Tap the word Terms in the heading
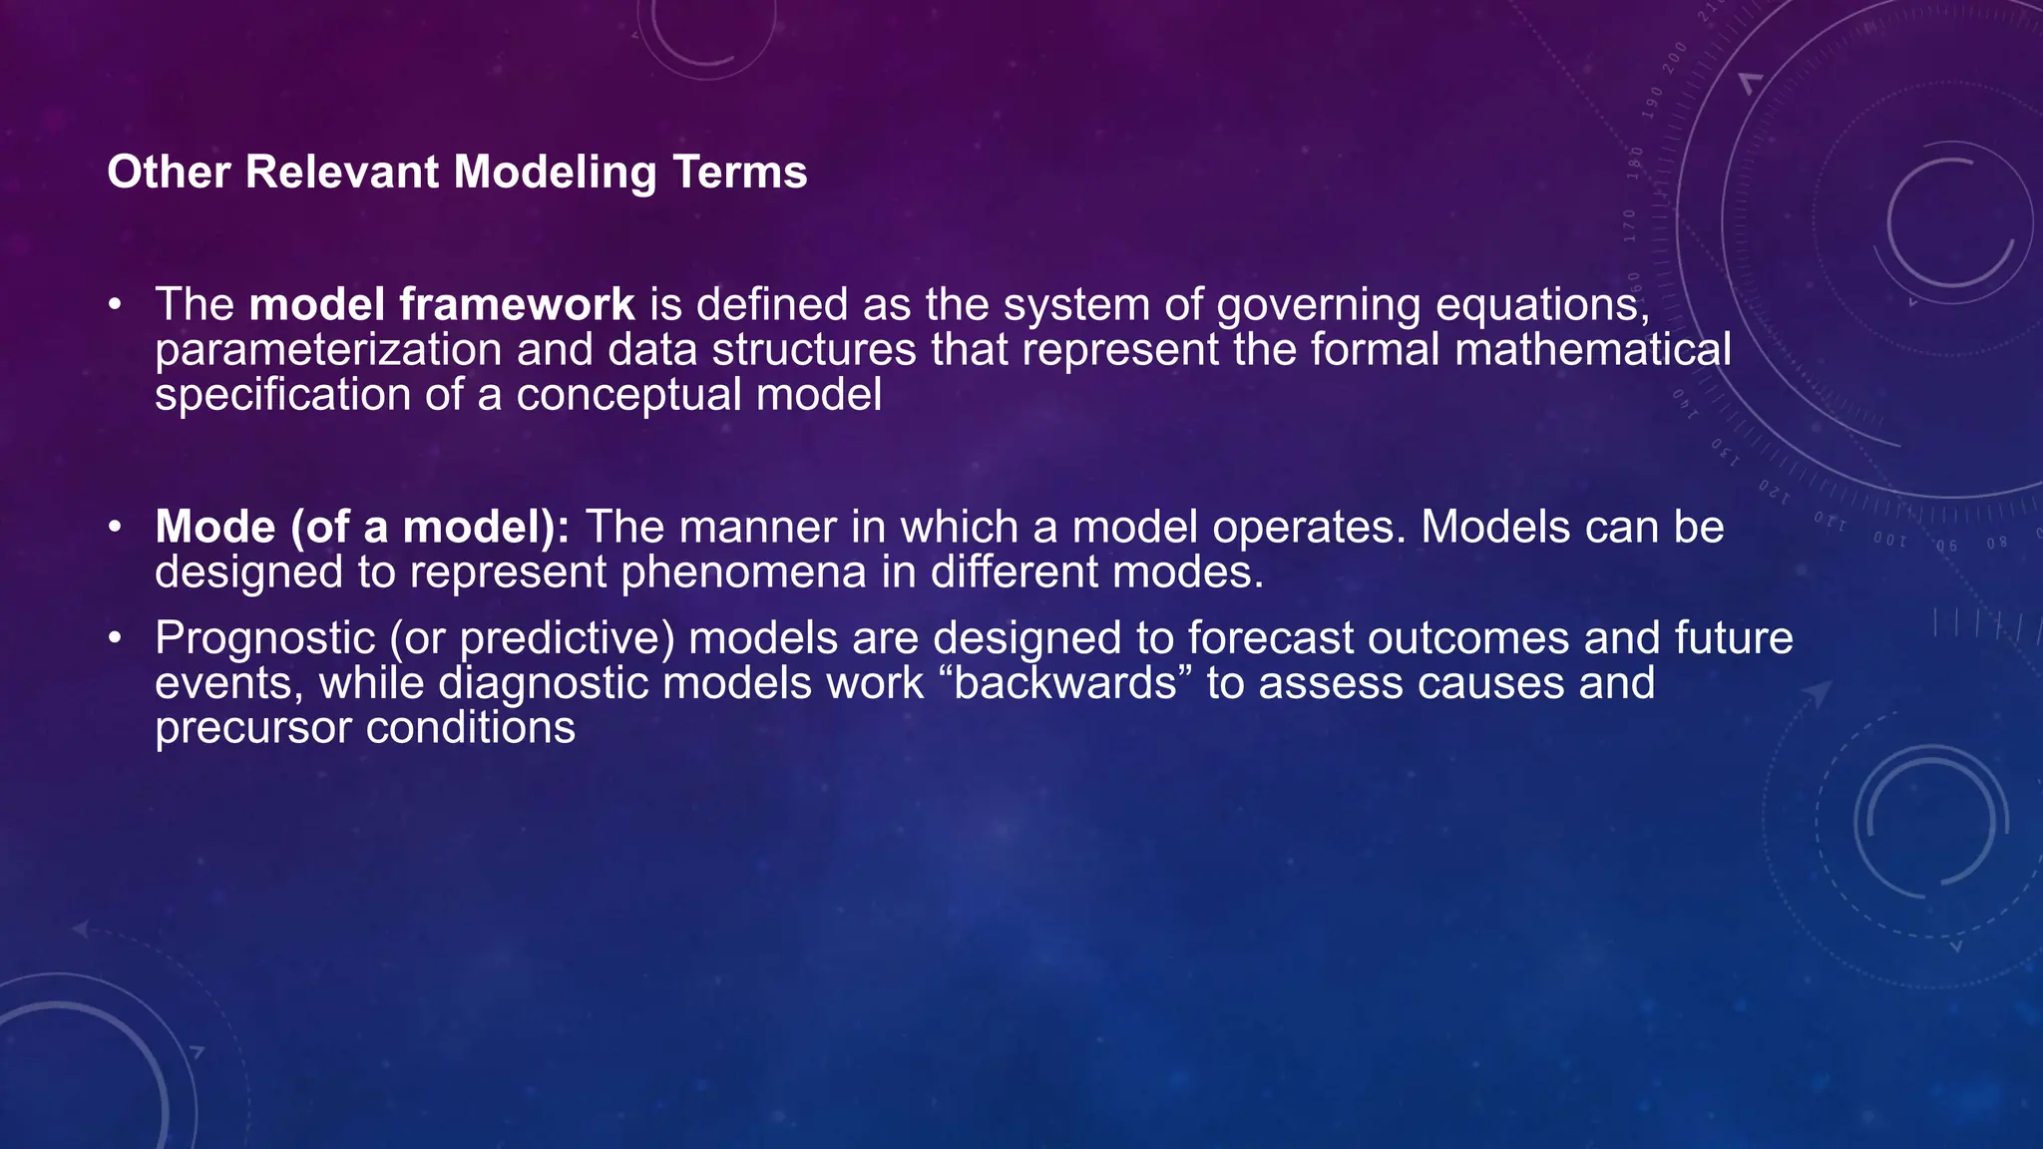coord(739,172)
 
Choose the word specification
coord(282,395)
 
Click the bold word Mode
coord(214,527)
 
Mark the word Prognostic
coord(264,638)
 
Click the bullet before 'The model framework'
coord(116,304)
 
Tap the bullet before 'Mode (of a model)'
coord(116,527)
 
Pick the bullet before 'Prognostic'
coord(116,638)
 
